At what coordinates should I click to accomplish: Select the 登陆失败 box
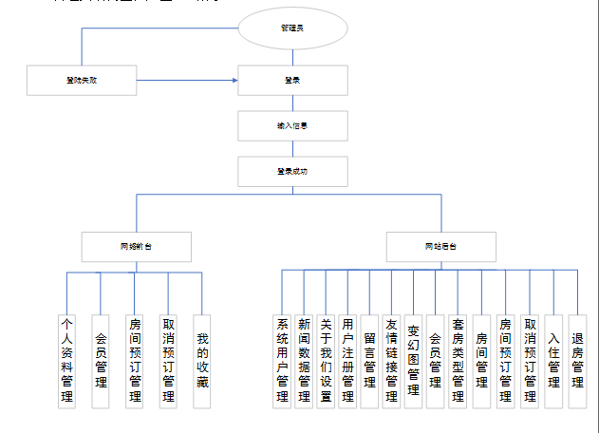[83, 81]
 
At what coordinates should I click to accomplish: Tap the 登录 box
[292, 81]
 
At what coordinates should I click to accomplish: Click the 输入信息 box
[292, 125]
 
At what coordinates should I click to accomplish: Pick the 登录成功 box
[292, 171]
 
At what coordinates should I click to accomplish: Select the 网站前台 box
[137, 246]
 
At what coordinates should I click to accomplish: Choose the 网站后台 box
[440, 246]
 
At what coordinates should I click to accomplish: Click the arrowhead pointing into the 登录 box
[234, 81]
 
